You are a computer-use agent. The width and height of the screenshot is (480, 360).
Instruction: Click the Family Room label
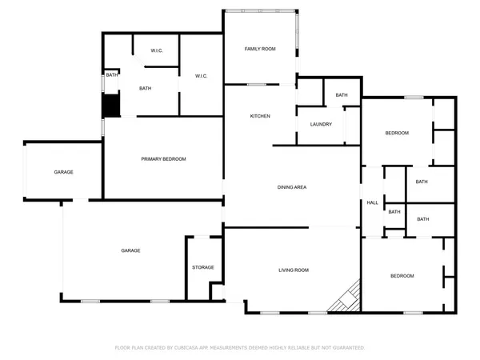pos(260,50)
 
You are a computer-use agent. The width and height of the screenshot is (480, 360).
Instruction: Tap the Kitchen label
pos(260,116)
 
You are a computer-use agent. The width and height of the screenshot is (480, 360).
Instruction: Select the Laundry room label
pos(321,124)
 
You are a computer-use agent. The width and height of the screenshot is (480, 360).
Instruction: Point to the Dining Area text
pos(292,187)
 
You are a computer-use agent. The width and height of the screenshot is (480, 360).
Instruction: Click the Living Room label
pos(293,270)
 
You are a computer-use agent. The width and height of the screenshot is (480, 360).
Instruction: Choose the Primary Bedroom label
pos(163,159)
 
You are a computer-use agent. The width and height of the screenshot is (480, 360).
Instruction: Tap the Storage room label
pos(202,267)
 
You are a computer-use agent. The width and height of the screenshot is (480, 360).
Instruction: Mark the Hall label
pos(372,203)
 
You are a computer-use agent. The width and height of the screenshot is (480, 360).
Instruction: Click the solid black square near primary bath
pos(110,106)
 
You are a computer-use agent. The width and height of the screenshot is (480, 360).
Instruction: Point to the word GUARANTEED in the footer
pos(346,348)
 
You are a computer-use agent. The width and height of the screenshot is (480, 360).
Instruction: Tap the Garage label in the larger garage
pos(130,250)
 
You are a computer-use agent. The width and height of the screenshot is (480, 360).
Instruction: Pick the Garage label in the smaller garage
pos(64,173)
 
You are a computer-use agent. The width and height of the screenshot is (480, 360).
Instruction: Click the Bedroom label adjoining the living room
pos(402,276)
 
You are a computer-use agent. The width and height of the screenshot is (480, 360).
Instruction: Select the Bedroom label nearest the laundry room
pos(397,133)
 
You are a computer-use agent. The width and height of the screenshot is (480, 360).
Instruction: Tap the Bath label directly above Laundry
pos(342,95)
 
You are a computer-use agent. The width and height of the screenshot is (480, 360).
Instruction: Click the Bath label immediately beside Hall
pos(394,212)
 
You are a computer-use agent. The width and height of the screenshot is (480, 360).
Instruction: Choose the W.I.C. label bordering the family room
pos(201,76)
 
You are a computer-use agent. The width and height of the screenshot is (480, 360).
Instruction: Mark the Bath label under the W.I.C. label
pos(146,89)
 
